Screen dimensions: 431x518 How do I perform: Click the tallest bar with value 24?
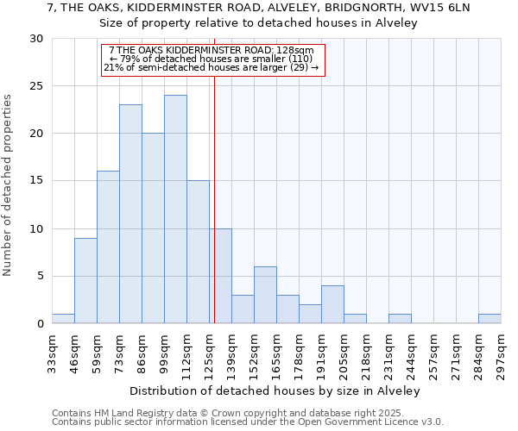(x=175, y=209)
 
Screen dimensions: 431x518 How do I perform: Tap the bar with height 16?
(x=108, y=247)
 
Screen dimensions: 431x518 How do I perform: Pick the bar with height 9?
(x=85, y=280)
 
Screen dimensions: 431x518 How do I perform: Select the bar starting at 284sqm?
(x=490, y=319)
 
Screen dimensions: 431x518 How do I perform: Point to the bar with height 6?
(x=265, y=295)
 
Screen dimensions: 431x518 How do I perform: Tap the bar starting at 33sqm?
(x=63, y=319)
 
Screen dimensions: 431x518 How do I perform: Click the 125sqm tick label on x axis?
(x=210, y=352)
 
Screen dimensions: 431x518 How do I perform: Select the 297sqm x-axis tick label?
(x=502, y=352)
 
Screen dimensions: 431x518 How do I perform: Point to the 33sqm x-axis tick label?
(x=53, y=352)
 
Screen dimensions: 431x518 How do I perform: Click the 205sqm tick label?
(x=344, y=352)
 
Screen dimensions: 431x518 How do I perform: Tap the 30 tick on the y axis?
(x=36, y=39)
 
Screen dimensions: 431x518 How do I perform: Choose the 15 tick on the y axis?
(x=36, y=181)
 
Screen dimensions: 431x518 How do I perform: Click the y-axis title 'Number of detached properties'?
(x=8, y=185)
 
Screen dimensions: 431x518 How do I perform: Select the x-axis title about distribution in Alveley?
(x=276, y=390)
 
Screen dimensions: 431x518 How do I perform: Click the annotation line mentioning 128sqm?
(x=212, y=51)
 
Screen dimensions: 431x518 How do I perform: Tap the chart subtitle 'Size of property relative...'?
(x=259, y=23)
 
